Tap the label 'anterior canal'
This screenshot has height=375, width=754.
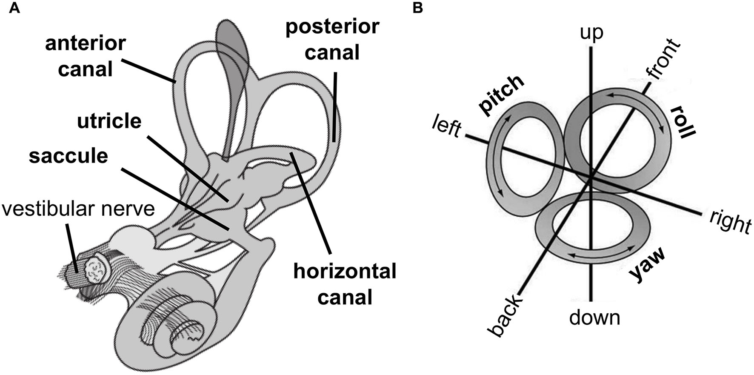[x=86, y=57]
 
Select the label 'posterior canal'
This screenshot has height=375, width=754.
[x=332, y=40]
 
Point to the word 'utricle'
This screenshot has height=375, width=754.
[x=109, y=121]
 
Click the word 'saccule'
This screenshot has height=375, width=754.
[x=69, y=156]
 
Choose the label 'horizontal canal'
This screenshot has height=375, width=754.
[x=345, y=284]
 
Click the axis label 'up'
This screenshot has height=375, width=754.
[x=592, y=33]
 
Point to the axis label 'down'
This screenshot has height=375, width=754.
[x=594, y=317]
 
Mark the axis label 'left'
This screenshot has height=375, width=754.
[x=447, y=126]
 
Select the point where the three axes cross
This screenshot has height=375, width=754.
[x=591, y=178]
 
